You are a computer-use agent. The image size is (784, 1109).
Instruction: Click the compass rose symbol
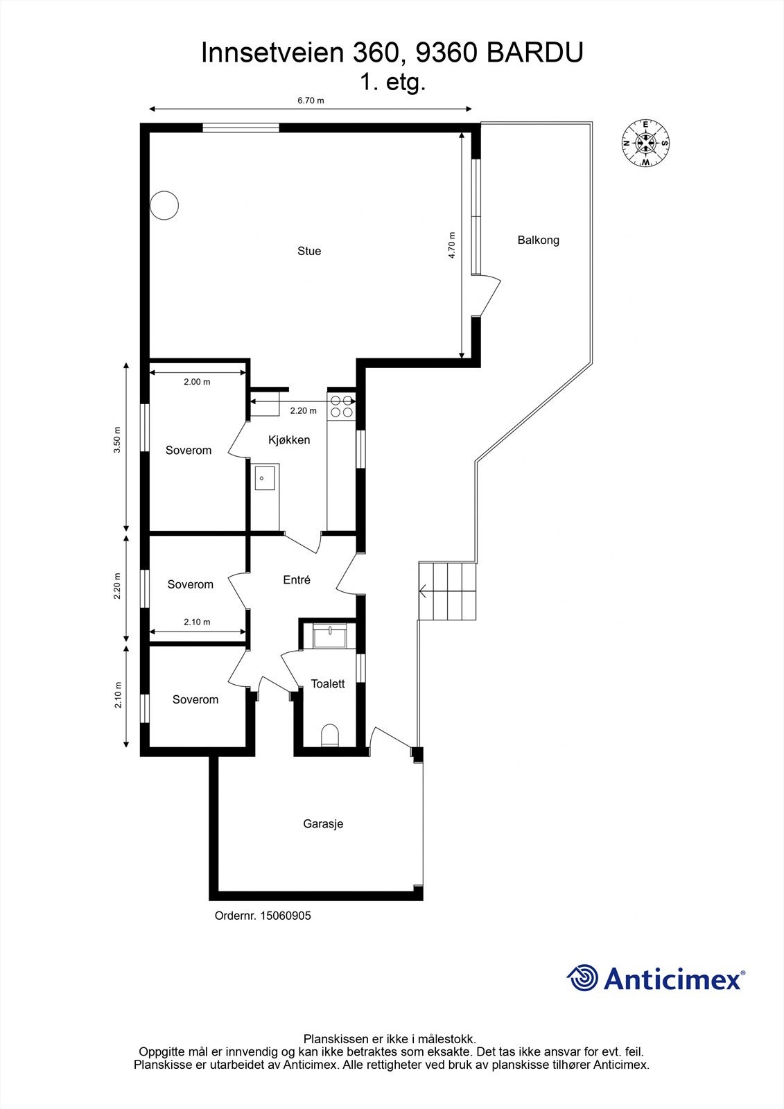coord(645,143)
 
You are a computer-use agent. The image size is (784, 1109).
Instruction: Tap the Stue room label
coord(309,251)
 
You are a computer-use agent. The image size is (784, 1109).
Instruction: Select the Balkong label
coord(538,241)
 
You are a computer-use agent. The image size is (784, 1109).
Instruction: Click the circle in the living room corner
coord(165,205)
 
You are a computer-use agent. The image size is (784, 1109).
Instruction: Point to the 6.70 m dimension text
coord(311,101)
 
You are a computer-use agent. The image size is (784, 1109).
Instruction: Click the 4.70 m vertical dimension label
coord(452,245)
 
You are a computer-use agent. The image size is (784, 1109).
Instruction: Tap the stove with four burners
coord(340,405)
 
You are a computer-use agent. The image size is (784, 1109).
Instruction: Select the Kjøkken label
coord(289,440)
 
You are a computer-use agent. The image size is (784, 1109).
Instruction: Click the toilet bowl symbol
coord(330,735)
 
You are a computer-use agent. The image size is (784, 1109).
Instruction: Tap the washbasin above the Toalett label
coord(329,635)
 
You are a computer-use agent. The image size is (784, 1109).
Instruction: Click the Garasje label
coord(323,824)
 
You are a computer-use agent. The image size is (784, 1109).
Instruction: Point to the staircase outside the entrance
coord(448,591)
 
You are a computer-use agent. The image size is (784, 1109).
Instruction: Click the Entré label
coord(297,580)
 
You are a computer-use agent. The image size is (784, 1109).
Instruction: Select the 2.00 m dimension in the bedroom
coord(197,382)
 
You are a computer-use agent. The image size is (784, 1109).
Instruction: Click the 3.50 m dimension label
coord(118,439)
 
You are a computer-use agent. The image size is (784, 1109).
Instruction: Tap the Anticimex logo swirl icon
coord(582,978)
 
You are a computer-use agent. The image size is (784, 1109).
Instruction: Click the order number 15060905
coord(285,916)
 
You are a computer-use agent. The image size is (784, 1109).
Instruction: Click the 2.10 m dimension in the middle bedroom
coord(197,622)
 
